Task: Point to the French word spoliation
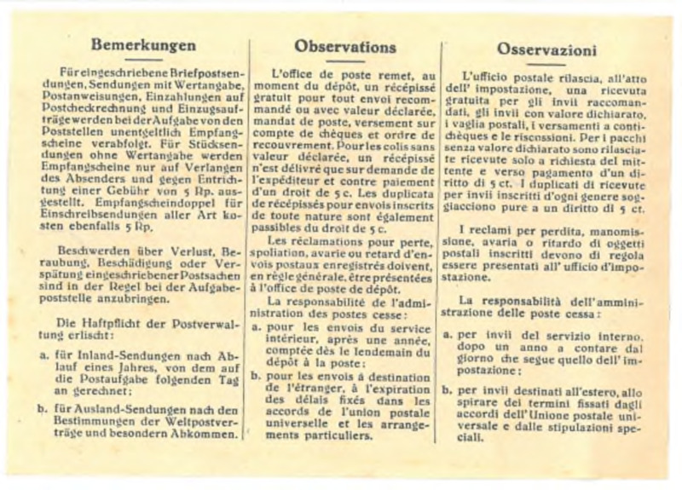tap(294, 255)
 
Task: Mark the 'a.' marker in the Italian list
tap(446, 336)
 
